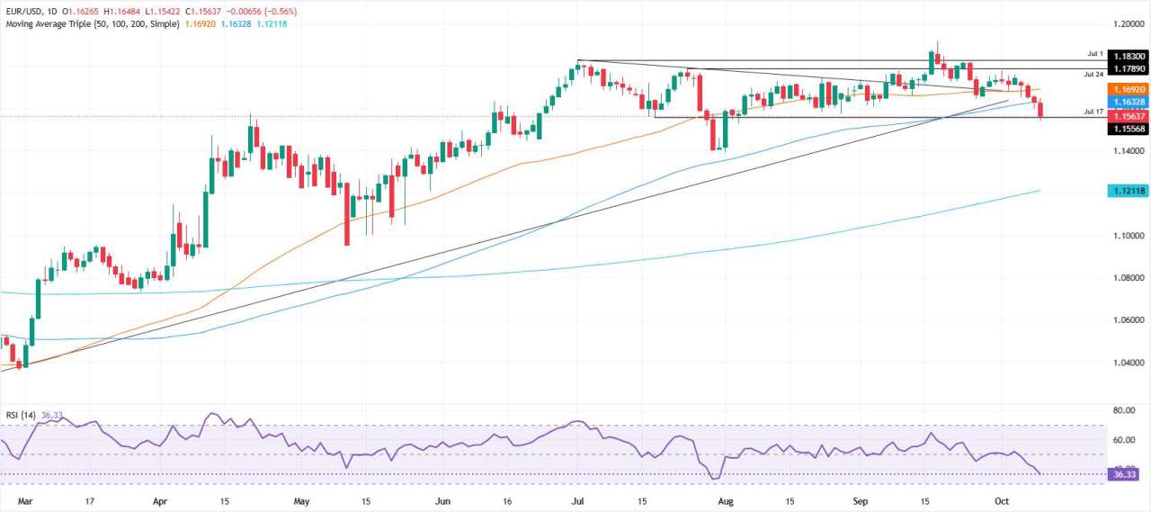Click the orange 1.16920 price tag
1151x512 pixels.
click(1129, 90)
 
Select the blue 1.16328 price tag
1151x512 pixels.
click(1129, 103)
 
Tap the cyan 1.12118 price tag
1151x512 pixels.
click(1129, 191)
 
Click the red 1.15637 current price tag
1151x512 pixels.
click(1129, 116)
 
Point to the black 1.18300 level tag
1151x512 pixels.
click(1129, 56)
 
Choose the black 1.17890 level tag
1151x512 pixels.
click(1129, 68)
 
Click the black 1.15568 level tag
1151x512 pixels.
click(1129, 129)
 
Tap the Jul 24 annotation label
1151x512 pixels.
click(1093, 74)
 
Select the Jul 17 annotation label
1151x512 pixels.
click(1093, 112)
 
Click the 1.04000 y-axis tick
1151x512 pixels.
click(1129, 363)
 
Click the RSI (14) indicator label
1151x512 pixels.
click(19, 415)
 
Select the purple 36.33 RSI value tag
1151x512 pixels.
click(1129, 473)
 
